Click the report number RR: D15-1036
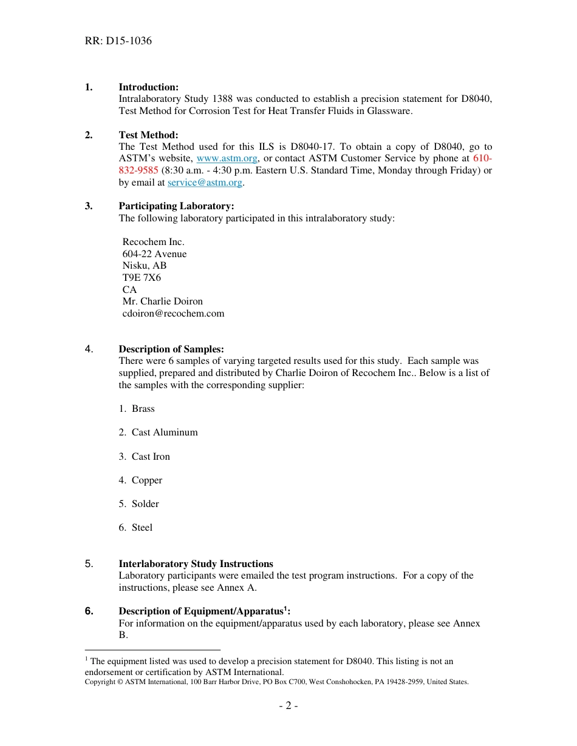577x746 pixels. tap(118, 41)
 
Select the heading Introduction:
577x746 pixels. tap(148, 87)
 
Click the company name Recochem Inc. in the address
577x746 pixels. tap(153, 242)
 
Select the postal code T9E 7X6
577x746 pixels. tap(142, 278)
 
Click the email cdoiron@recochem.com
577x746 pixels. tap(173, 314)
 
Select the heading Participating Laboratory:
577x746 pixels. tap(176, 206)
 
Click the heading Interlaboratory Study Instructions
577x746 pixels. tap(196, 564)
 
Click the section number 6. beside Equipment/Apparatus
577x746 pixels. tap(89, 611)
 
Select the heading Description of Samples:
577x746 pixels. tap(171, 349)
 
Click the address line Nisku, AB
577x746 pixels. tap(145, 266)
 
